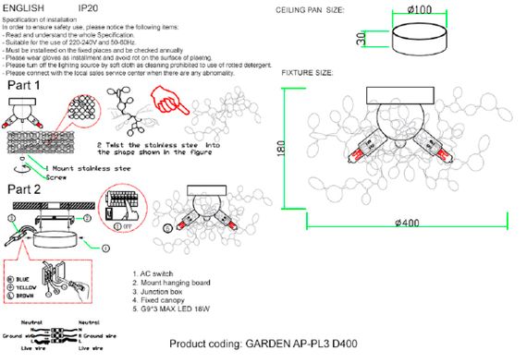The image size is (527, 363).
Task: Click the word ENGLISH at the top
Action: pyautogui.click(x=24, y=8)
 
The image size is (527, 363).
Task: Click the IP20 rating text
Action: pyautogui.click(x=89, y=8)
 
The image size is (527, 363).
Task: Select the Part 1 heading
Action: pyautogui.click(x=28, y=84)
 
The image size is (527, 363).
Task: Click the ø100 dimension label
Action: pyautogui.click(x=421, y=10)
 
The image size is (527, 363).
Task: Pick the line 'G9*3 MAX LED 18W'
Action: pyautogui.click(x=175, y=311)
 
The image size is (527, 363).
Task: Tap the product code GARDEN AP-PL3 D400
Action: pyautogui.click(x=300, y=345)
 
